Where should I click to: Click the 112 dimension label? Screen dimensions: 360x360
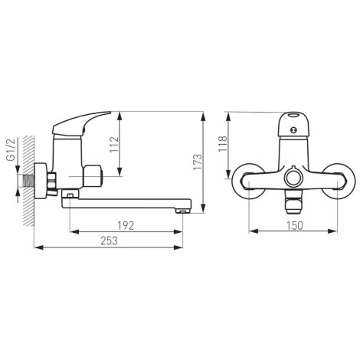(x=114, y=145)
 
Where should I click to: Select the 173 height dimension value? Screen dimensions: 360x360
(x=198, y=162)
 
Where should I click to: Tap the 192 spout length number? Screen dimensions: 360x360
(x=126, y=225)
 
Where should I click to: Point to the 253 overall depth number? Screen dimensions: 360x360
(x=109, y=241)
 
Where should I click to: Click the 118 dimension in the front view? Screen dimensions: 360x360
(x=222, y=144)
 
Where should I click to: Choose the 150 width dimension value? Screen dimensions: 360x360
(x=294, y=225)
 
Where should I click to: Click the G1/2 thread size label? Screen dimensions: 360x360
(x=11, y=150)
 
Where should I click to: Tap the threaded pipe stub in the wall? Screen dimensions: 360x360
(x=28, y=181)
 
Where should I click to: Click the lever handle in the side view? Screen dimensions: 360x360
(x=79, y=123)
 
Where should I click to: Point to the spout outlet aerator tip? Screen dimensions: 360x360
(x=183, y=211)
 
